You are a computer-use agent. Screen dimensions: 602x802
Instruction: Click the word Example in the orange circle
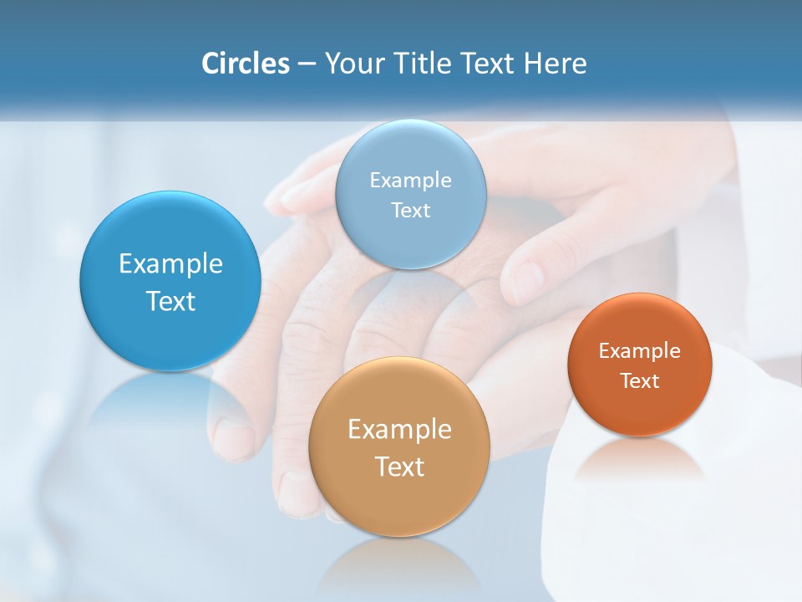640,350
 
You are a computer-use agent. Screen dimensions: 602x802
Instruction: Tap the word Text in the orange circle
640,380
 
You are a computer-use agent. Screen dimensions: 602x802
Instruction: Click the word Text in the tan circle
399,466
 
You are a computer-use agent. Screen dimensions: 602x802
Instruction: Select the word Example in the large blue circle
170,263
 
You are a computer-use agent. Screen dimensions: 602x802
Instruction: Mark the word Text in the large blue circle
170,301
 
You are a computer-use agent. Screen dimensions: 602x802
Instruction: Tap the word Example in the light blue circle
410,180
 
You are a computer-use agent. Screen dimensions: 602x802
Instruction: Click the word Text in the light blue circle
410,210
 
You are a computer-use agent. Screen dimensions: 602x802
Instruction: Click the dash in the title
306,64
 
